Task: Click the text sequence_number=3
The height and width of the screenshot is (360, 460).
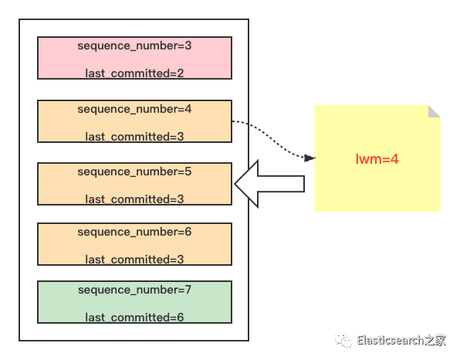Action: tap(134, 46)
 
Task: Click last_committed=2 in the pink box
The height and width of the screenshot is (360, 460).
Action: tap(134, 73)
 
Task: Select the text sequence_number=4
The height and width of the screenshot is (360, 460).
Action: tap(134, 110)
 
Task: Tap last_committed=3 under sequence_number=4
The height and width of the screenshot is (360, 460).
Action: tap(134, 137)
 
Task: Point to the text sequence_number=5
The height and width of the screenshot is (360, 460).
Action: tap(134, 172)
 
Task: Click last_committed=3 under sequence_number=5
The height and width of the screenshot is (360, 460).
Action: tap(134, 199)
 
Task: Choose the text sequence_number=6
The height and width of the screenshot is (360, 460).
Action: tap(134, 232)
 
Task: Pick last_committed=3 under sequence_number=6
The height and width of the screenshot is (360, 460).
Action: tap(134, 260)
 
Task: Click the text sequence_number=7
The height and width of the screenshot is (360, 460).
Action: tap(134, 290)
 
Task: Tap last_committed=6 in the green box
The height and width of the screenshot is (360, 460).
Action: tap(134, 318)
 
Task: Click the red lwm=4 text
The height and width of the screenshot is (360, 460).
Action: tap(377, 159)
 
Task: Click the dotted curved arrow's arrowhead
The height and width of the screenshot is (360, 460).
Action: tap(310, 158)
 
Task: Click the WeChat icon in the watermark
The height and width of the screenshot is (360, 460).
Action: tap(342, 340)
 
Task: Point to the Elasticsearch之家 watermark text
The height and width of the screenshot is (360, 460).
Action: tap(401, 339)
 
